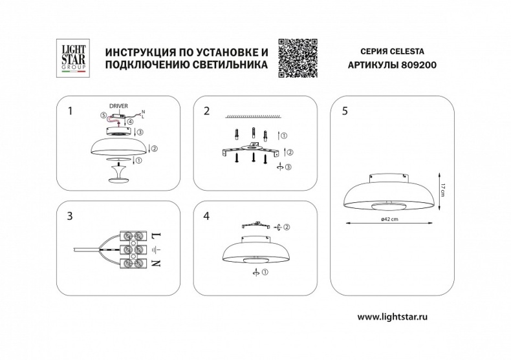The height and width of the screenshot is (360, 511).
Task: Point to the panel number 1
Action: [x=70, y=111]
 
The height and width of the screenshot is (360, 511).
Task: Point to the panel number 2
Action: [x=206, y=111]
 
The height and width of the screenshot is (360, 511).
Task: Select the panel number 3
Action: [x=70, y=215]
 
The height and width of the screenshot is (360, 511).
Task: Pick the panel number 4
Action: [x=206, y=215]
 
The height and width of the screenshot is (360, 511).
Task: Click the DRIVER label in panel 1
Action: [x=118, y=105]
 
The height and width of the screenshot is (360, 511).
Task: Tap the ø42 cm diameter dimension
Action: [x=389, y=220]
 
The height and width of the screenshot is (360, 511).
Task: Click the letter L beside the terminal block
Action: [x=155, y=234]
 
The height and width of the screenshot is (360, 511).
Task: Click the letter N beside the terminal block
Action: [x=155, y=264]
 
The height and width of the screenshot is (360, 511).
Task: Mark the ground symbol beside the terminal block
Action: [x=155, y=249]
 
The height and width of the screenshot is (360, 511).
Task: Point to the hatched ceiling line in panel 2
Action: [x=252, y=117]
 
